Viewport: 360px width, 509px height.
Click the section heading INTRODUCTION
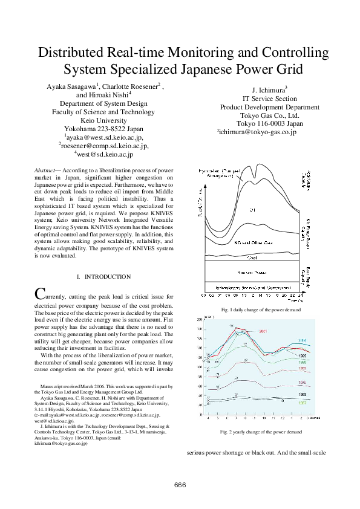pos(107,276)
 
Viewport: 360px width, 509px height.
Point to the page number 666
pos(180,485)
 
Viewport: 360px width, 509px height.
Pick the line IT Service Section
pos(269,99)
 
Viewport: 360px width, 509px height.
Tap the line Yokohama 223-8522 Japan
pos(103,129)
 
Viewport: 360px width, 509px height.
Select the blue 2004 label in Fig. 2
pos(302,341)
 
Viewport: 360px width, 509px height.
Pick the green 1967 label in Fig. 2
pos(302,402)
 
